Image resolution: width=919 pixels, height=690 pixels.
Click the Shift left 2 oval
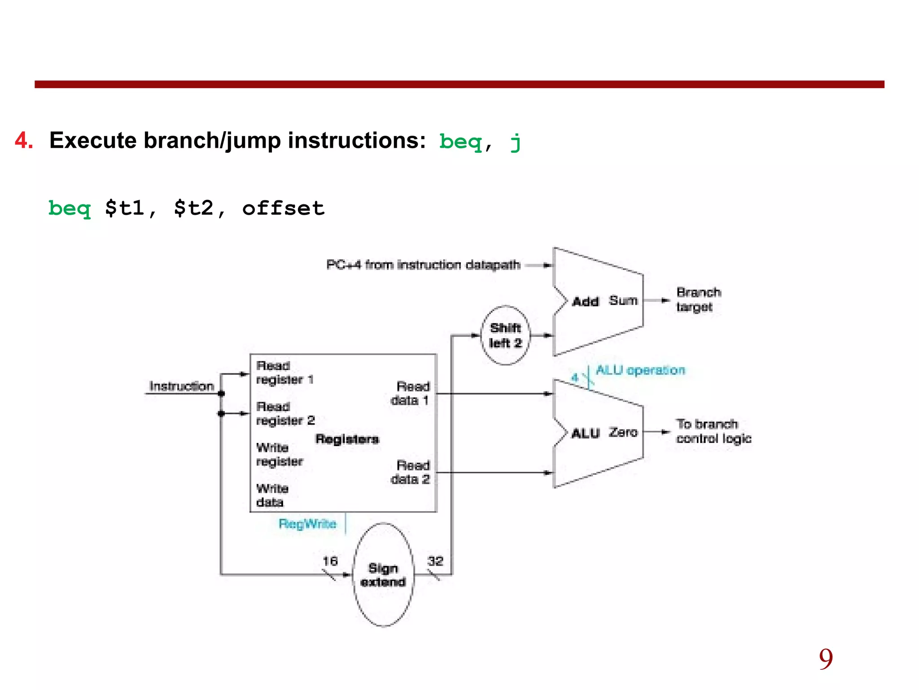(x=505, y=335)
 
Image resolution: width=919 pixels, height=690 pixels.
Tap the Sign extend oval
(x=383, y=575)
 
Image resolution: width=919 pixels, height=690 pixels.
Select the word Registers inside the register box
(x=347, y=439)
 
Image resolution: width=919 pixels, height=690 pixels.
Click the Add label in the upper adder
(x=585, y=301)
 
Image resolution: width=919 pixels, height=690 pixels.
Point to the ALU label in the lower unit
(x=585, y=433)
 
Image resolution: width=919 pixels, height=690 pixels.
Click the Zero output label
(x=623, y=432)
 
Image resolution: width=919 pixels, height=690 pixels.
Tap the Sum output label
(x=623, y=300)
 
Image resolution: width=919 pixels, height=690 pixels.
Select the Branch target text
(x=698, y=300)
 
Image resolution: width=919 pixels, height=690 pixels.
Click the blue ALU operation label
(x=640, y=370)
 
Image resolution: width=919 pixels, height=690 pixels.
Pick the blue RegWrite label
(x=307, y=524)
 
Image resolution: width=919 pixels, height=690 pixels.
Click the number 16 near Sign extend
(x=330, y=561)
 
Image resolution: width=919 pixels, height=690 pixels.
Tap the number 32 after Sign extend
(x=435, y=561)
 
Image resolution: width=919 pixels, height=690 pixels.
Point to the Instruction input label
(x=181, y=386)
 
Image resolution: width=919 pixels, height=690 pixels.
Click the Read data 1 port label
(x=411, y=393)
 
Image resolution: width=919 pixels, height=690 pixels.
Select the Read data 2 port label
(x=411, y=472)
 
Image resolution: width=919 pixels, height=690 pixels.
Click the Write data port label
(x=272, y=495)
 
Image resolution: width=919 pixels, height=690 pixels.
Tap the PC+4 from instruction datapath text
(x=423, y=265)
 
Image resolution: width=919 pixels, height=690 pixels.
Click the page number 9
(x=826, y=659)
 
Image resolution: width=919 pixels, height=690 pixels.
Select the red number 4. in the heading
(x=24, y=141)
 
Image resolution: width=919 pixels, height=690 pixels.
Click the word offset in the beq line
(x=283, y=208)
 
